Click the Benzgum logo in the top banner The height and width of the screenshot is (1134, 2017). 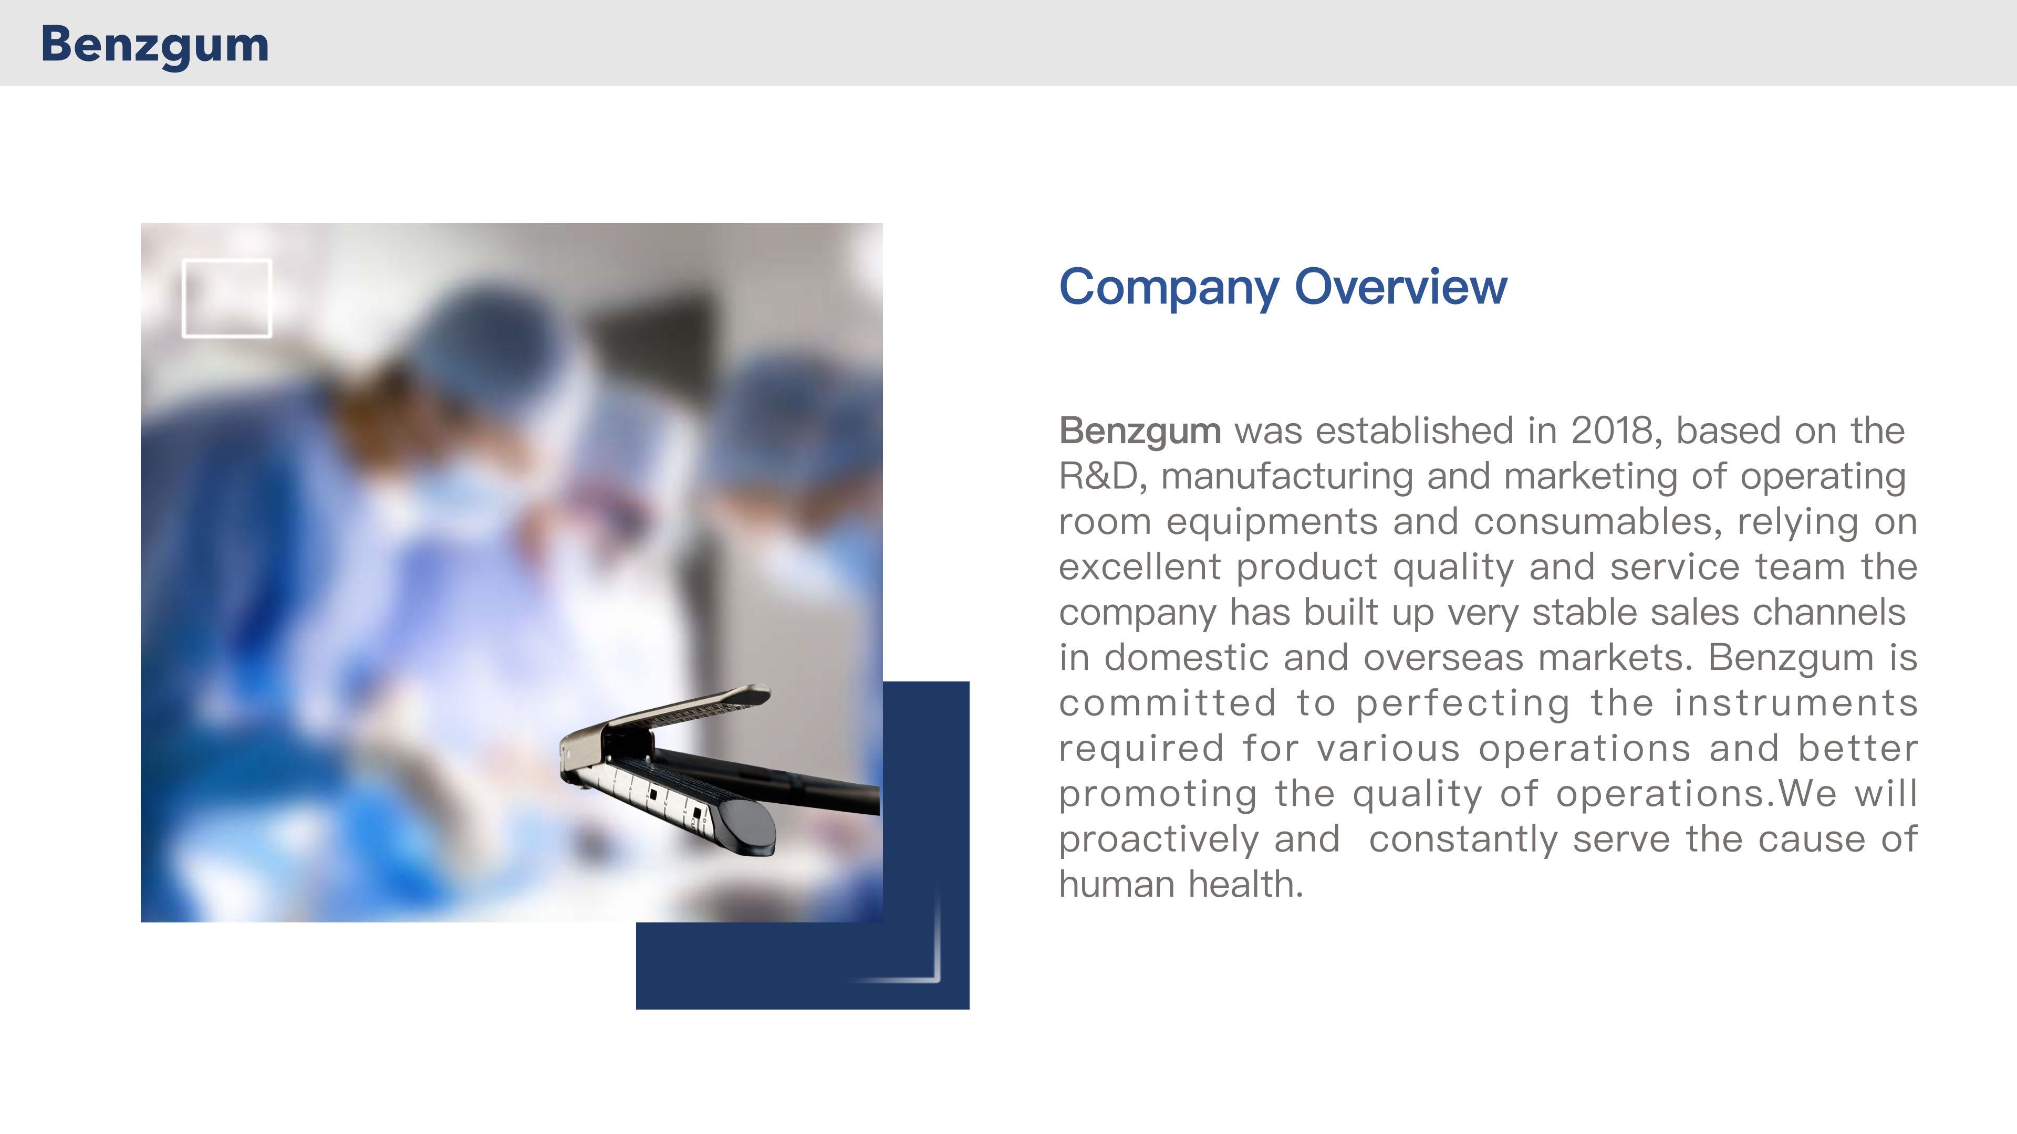[x=155, y=45]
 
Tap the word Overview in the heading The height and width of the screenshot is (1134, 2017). [x=1401, y=287]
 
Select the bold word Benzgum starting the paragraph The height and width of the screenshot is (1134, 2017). [x=1139, y=431]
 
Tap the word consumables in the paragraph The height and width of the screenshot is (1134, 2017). [x=1598, y=522]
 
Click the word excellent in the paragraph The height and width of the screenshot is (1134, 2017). [x=1140, y=566]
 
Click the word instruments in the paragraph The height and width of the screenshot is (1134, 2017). [x=1796, y=703]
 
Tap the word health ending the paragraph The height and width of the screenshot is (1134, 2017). [x=1246, y=884]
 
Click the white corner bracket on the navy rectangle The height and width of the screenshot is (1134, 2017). [x=937, y=939]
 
